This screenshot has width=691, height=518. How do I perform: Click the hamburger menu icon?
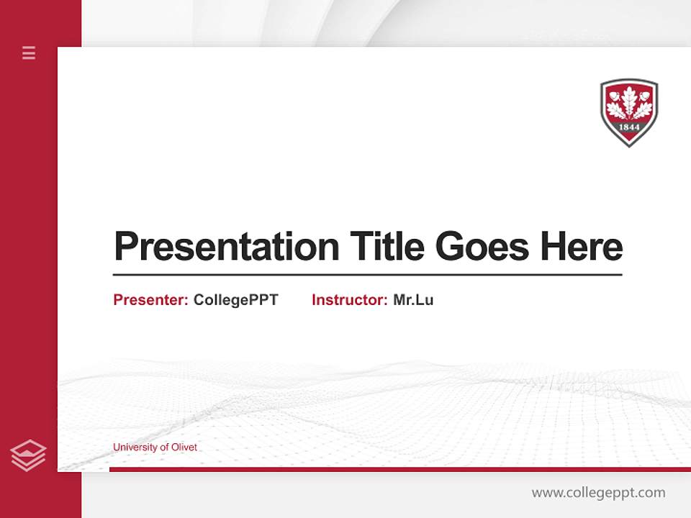click(x=29, y=53)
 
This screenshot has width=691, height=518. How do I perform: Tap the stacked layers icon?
click(x=28, y=455)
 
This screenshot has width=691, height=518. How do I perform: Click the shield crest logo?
click(x=629, y=112)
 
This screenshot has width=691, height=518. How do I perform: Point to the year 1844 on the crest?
click(x=629, y=127)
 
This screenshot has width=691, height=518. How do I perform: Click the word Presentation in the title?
click(x=226, y=247)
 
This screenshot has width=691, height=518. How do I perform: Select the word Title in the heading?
click(x=387, y=247)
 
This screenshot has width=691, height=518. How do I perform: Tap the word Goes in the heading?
click(x=482, y=247)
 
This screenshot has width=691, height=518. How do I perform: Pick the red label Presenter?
click(x=150, y=300)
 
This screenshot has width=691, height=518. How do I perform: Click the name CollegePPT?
click(x=235, y=300)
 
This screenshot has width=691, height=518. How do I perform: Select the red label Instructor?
click(x=349, y=300)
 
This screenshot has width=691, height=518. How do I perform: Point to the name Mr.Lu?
click(x=413, y=300)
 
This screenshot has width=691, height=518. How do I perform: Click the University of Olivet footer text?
click(x=155, y=447)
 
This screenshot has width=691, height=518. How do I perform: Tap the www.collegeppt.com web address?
click(x=598, y=493)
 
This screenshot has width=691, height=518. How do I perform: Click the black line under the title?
click(x=367, y=275)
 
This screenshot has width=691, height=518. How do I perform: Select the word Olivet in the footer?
click(x=184, y=447)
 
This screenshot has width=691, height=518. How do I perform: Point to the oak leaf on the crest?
click(x=629, y=103)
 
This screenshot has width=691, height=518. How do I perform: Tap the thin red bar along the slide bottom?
click(x=399, y=469)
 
